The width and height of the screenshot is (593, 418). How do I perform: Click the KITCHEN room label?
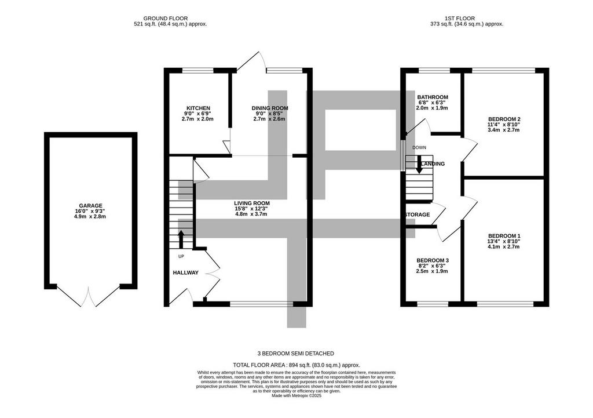tap(198, 108)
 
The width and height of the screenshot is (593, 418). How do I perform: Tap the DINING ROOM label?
tap(270, 108)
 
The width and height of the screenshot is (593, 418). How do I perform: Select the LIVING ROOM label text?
tap(251, 203)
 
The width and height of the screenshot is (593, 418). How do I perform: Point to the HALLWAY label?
tap(186, 272)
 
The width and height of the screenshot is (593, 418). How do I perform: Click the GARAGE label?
tap(90, 206)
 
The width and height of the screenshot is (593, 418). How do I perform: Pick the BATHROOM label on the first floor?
tap(432, 97)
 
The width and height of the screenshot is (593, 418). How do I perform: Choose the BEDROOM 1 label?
tap(504, 236)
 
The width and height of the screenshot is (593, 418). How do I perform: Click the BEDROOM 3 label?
tap(432, 260)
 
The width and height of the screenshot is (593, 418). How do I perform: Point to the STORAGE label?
tap(417, 215)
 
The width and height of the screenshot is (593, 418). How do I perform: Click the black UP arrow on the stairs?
tap(181, 239)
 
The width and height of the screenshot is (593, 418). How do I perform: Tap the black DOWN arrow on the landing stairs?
tap(419, 166)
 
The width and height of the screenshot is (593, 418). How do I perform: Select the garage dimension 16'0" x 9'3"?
tap(90, 211)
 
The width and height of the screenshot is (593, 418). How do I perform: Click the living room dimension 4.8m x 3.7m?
tap(251, 214)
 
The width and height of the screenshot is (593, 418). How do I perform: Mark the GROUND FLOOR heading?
tap(165, 18)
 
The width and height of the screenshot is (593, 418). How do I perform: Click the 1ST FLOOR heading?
tap(459, 18)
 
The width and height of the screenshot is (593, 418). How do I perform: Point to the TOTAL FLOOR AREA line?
tap(296, 365)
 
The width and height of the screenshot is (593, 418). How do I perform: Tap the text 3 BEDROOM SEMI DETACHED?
tap(296, 354)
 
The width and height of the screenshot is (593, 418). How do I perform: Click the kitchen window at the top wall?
tap(198, 70)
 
